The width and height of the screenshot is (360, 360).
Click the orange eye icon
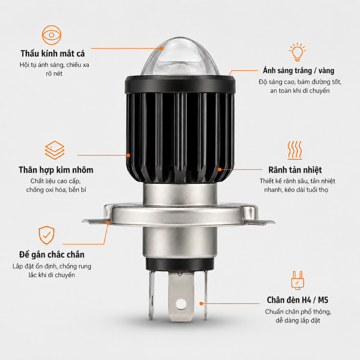pyautogui.click(x=52, y=35)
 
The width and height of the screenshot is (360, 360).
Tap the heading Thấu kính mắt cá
pyautogui.click(x=53, y=53)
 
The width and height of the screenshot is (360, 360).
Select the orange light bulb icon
pyautogui.click(x=297, y=52)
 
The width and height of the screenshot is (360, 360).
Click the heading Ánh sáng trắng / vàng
pyautogui.click(x=298, y=70)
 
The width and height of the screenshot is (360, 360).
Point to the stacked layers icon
pyautogui.click(x=54, y=150)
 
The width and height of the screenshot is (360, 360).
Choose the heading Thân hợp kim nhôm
pyautogui.click(x=56, y=170)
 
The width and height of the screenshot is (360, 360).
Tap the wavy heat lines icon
pyautogui.click(x=295, y=150)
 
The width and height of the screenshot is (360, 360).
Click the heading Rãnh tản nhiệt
pyautogui.click(x=295, y=170)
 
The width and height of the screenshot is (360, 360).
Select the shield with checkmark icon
pyautogui.click(x=46, y=235)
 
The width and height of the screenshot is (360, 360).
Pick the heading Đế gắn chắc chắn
pyautogui.click(x=52, y=255)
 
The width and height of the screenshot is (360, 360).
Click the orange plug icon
pyautogui.click(x=297, y=280)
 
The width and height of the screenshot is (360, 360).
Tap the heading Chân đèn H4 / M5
pyautogui.click(x=297, y=300)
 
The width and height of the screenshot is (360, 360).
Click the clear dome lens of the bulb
pyautogui.click(x=180, y=57)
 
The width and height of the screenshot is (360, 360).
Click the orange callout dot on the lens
pyautogui.click(x=161, y=49)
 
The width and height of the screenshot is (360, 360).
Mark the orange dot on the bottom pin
pyautogui.click(x=201, y=303)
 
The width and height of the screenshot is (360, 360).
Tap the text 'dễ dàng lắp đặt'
pyautogui.click(x=298, y=320)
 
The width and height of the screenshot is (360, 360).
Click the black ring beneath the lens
pyautogui.click(x=180, y=84)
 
